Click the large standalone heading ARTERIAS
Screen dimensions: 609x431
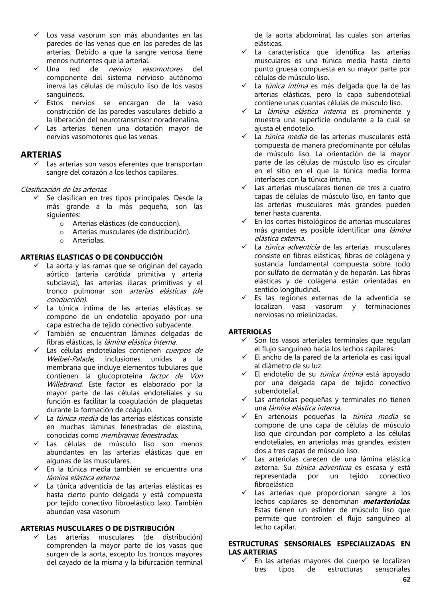point(41,154)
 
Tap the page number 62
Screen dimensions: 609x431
point(406,579)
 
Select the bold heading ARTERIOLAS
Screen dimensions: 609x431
point(250,332)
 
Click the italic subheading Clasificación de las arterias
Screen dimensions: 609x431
point(64,189)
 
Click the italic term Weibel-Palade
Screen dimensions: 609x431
point(70,359)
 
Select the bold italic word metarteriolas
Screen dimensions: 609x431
point(386,501)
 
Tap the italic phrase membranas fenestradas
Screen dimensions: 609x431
point(139,435)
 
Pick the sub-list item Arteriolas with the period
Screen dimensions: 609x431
point(88,240)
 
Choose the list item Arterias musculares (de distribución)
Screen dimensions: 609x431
point(131,232)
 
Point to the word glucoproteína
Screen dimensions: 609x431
point(120,376)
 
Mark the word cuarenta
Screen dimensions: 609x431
point(304,213)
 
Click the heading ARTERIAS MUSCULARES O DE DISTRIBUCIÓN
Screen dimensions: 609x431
point(97,528)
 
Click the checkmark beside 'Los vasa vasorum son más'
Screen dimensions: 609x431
point(36,35)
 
